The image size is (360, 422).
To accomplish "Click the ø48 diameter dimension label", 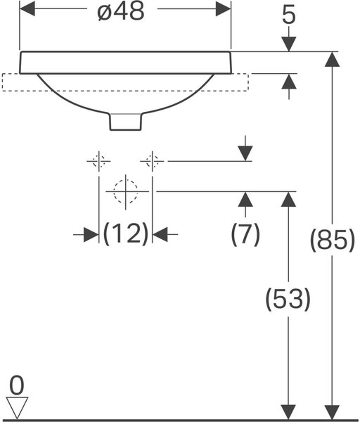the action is (x=121, y=12).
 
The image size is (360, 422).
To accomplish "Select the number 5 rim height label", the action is (x=289, y=16).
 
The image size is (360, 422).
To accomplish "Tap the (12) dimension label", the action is (x=126, y=234).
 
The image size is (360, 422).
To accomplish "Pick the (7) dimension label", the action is (x=245, y=234).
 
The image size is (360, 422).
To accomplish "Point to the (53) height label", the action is (x=288, y=299).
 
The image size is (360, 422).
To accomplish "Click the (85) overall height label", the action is (x=333, y=240).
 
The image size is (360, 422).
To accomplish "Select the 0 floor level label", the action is (x=17, y=385).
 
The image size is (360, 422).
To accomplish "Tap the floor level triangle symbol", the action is (x=17, y=408).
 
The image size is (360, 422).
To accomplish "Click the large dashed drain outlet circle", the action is (x=126, y=191).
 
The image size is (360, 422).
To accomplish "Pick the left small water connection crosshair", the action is (x=98, y=161).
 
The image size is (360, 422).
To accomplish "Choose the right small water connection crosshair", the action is (x=153, y=161).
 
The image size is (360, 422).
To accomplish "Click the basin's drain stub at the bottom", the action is (x=126, y=122).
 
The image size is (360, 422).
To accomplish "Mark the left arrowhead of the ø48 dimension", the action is (x=27, y=8).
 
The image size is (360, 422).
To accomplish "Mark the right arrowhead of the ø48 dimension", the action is (x=223, y=8).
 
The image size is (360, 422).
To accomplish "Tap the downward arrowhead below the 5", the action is (x=289, y=44).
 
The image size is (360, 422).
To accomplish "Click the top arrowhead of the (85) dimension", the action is (x=332, y=59).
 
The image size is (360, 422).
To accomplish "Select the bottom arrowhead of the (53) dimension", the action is (x=288, y=411).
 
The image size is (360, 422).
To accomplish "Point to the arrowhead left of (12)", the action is (x=91, y=234).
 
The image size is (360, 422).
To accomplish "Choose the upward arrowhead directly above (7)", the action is (x=245, y=199).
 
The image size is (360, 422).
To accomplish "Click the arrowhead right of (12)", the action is (x=160, y=234).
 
